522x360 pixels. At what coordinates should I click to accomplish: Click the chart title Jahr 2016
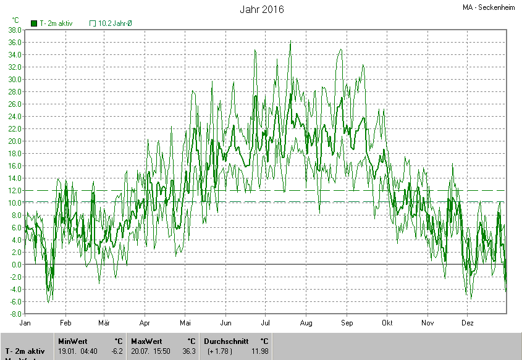(261, 9)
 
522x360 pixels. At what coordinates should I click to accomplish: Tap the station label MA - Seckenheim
(490, 8)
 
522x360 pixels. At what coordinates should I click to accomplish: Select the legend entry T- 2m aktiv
(52, 23)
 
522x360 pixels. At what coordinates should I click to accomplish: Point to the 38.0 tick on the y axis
(15, 30)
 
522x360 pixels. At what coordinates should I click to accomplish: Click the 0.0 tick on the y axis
(17, 264)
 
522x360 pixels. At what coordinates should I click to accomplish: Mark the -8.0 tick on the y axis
(15, 314)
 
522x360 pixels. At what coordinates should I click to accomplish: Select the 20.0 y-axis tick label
(15, 141)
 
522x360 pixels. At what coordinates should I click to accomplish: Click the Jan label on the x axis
(25, 323)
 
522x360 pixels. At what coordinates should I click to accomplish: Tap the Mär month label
(104, 323)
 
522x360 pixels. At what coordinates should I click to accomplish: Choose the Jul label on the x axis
(266, 323)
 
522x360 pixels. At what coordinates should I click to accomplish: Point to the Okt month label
(387, 323)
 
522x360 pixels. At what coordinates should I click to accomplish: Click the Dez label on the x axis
(468, 323)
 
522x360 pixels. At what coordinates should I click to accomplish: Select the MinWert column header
(73, 341)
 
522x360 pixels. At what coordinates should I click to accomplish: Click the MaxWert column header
(146, 341)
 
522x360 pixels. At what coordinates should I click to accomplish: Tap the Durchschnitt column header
(226, 341)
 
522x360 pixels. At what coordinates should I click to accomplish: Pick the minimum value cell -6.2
(116, 351)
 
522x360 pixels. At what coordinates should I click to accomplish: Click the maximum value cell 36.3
(189, 351)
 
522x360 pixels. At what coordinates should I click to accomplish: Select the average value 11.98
(260, 351)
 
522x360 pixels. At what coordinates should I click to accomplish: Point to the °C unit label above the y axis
(15, 20)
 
